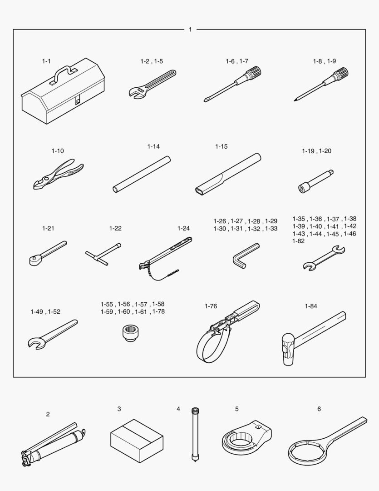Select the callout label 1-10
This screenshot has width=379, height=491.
58,151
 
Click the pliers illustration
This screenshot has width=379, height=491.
58,174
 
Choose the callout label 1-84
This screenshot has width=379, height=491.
311,306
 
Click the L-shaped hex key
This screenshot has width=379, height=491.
246,256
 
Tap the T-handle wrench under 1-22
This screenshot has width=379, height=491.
103,254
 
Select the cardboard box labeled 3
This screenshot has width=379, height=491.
137,441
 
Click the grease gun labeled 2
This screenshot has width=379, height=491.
53,444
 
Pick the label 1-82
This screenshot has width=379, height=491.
298,241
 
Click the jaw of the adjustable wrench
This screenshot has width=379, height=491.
136,93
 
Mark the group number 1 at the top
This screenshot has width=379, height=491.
190,30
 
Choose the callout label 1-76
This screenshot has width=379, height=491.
211,306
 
